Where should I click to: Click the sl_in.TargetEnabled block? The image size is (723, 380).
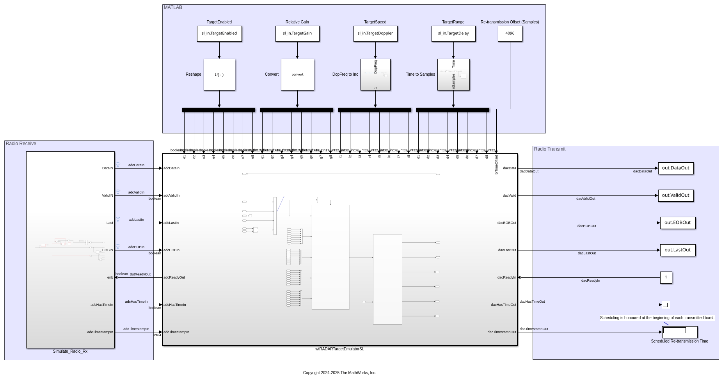[x=219, y=34]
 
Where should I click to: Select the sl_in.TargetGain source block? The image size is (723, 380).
[x=297, y=34]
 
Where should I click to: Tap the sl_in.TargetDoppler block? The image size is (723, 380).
[x=375, y=34]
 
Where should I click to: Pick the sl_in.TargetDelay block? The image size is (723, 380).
[x=453, y=34]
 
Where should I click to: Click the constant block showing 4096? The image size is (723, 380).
[x=510, y=34]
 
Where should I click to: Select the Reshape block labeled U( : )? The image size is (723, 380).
[x=219, y=75]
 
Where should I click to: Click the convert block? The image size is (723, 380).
[x=297, y=75]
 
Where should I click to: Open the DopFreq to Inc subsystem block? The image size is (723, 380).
[x=375, y=75]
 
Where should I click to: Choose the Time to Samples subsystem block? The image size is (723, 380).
[x=453, y=75]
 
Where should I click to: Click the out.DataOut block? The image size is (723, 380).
[x=676, y=168]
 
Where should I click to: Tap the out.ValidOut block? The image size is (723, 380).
[x=676, y=195]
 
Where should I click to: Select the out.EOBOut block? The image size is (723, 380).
[x=678, y=223]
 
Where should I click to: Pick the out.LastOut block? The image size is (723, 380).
[x=678, y=250]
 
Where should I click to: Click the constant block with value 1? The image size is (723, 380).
[x=666, y=277]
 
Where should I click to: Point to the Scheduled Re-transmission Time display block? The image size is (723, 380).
[x=680, y=332]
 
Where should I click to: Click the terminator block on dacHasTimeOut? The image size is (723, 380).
[x=665, y=305]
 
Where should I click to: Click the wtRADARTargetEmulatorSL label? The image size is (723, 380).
[x=339, y=349]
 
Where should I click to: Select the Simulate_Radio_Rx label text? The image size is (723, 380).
[x=70, y=352]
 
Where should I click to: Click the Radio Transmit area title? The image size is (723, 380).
[x=549, y=149]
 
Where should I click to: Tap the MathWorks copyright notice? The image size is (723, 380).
[x=339, y=373]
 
